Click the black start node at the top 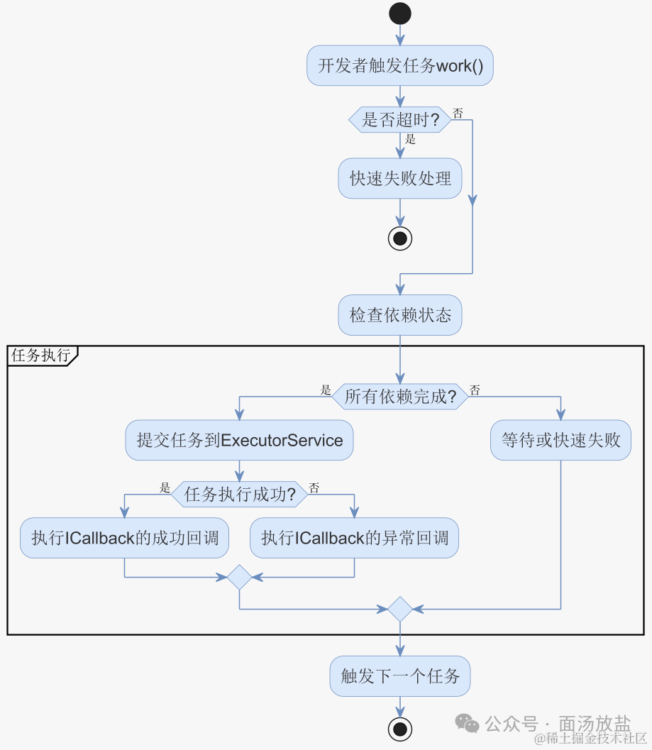click(x=400, y=13)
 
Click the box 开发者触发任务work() click(x=400, y=66)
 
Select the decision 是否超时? click(x=400, y=120)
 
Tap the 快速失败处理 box click(x=400, y=178)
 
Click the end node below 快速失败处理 click(x=400, y=238)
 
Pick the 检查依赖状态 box click(x=400, y=315)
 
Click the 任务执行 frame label click(x=41, y=355)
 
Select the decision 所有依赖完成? click(x=400, y=397)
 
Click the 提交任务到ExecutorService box click(x=239, y=441)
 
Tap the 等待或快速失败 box click(x=560, y=441)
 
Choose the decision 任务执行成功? click(x=239, y=495)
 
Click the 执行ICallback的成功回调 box click(x=124, y=538)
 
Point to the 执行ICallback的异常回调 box click(x=354, y=538)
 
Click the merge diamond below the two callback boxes click(x=239, y=578)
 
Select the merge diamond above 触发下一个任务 click(x=400, y=609)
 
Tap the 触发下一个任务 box click(x=400, y=675)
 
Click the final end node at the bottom click(x=400, y=729)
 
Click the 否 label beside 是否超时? click(x=458, y=113)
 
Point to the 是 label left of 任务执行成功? click(x=165, y=488)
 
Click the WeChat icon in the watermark click(x=467, y=723)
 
